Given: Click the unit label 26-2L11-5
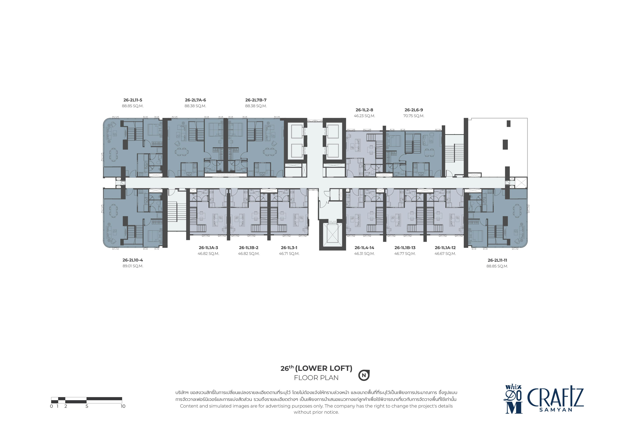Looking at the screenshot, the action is pyautogui.click(x=133, y=100).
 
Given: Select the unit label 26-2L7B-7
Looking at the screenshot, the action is pyautogui.click(x=256, y=100).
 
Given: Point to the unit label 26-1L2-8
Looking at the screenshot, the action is pyautogui.click(x=364, y=110).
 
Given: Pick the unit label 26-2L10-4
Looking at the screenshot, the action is pyautogui.click(x=133, y=260).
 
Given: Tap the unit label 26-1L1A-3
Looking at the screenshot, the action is pyautogui.click(x=208, y=248).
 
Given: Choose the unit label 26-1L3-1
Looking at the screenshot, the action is pyautogui.click(x=289, y=248).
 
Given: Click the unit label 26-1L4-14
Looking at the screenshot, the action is pyautogui.click(x=364, y=248).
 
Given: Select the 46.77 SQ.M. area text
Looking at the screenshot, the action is pyautogui.click(x=405, y=254).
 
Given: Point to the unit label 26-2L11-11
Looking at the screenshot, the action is pyautogui.click(x=497, y=260).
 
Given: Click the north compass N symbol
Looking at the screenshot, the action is pyautogui.click(x=364, y=375).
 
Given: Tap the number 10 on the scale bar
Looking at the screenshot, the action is pyautogui.click(x=123, y=406).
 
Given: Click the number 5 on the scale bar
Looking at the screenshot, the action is pyautogui.click(x=87, y=406).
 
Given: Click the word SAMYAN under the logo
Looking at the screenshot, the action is pyautogui.click(x=556, y=410).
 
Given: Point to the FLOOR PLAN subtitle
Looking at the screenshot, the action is pyautogui.click(x=316, y=378).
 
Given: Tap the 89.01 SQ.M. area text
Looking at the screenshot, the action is pyautogui.click(x=133, y=266).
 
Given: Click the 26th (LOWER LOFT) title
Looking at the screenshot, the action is pyautogui.click(x=316, y=368).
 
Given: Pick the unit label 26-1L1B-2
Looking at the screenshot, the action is pyautogui.click(x=249, y=248).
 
